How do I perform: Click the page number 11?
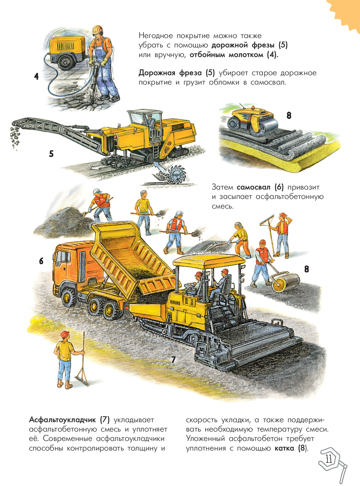pos(329,459)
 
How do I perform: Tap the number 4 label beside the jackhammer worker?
pos(36,76)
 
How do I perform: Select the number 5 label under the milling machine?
pos(51,154)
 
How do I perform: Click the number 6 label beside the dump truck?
pos(41,261)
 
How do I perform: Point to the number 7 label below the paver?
pos(173,360)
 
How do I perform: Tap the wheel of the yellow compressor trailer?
pos(65,62)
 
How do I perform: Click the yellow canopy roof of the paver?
pos(209,262)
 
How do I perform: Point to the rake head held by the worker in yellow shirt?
pos(81,381)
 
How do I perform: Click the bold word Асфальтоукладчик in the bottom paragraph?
pos(63,420)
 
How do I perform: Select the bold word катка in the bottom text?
pos(284,448)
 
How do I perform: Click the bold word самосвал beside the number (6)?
pos(253,188)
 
